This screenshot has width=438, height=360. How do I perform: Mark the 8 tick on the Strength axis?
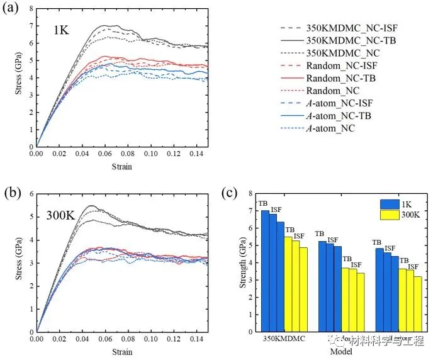click(x=250, y=194)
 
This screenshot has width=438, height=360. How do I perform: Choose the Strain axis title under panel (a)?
click(x=122, y=166)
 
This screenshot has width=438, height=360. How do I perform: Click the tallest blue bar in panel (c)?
click(x=265, y=271)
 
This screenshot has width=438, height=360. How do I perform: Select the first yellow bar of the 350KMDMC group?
click(x=288, y=284)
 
